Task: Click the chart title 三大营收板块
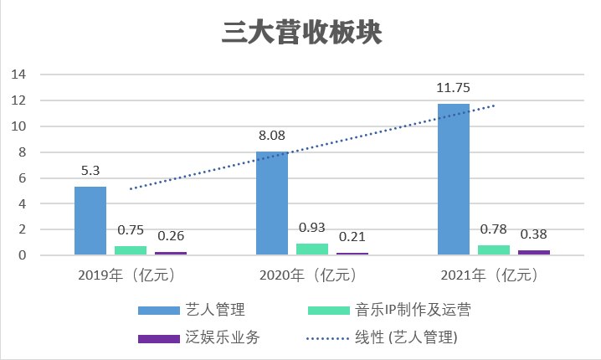[301, 32]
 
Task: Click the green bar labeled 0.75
[131, 250]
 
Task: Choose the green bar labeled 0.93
[311, 249]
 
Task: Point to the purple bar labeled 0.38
[533, 252]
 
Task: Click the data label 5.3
[90, 171]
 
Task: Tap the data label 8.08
[271, 135]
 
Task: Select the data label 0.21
[352, 237]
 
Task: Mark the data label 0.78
[494, 229]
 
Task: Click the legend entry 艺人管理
[215, 311]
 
